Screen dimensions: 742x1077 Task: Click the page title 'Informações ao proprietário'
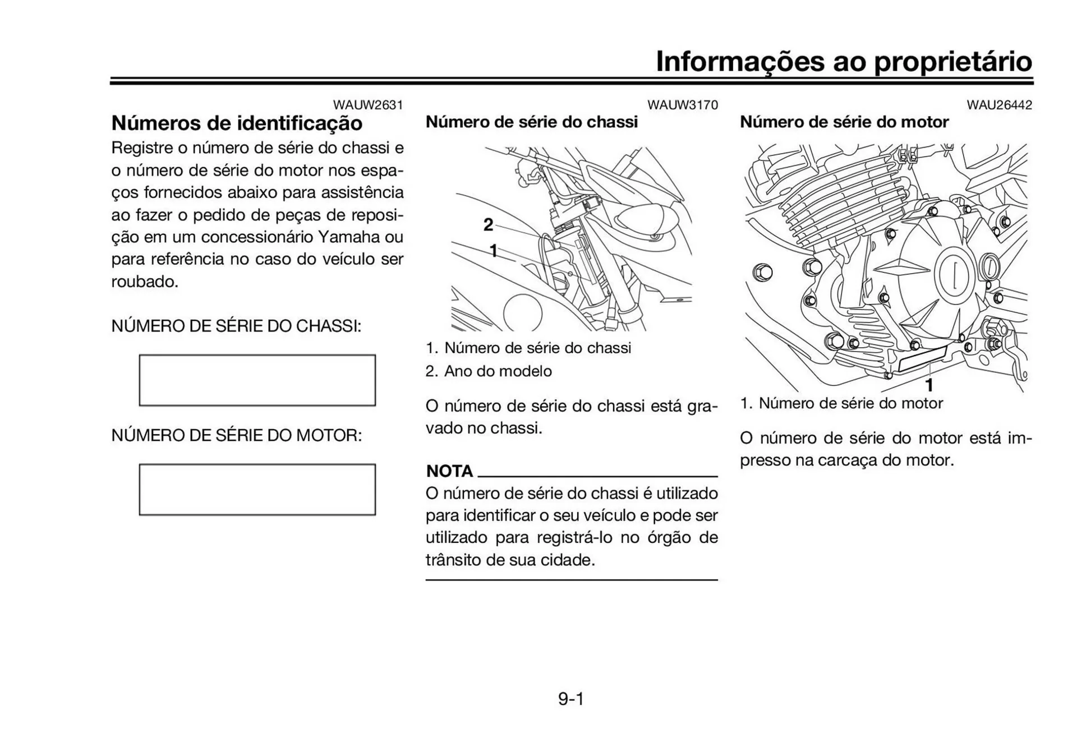click(x=844, y=61)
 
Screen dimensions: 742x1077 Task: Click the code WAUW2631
click(x=368, y=105)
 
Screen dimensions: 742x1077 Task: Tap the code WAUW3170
click(x=682, y=105)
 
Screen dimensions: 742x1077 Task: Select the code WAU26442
click(x=999, y=105)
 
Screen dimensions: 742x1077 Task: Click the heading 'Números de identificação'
click(x=237, y=123)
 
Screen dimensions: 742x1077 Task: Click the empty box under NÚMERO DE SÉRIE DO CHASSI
click(x=257, y=380)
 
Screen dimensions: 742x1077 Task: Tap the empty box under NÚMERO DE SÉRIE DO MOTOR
click(x=257, y=489)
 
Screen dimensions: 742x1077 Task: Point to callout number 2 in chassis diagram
click(x=489, y=225)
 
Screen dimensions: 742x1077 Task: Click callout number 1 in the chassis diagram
click(x=494, y=251)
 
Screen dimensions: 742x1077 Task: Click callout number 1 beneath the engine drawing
click(x=929, y=385)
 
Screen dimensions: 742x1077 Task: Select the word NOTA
click(x=449, y=471)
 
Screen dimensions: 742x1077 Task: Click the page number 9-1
click(x=571, y=699)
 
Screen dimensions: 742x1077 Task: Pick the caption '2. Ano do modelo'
click(x=489, y=371)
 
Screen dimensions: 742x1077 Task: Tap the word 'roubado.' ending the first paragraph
click(x=145, y=282)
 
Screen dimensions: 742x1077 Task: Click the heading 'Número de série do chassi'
click(x=531, y=122)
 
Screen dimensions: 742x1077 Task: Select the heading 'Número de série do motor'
click(x=844, y=122)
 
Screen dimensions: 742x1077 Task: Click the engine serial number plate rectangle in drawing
click(x=922, y=359)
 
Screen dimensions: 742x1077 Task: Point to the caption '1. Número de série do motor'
click(x=841, y=403)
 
